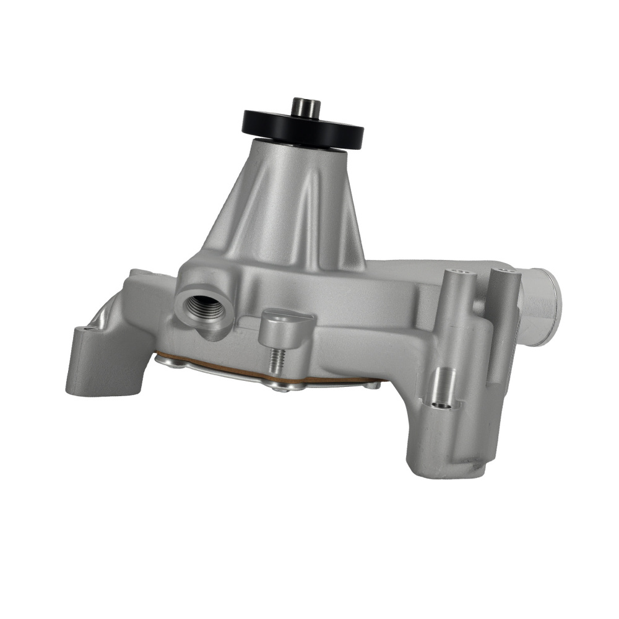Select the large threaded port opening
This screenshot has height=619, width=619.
coord(204,305)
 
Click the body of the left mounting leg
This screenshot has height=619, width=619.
coord(93,365)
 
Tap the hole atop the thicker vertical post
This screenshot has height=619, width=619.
coord(457,272)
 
